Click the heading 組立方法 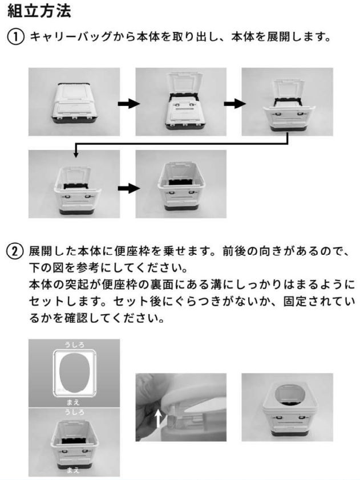(39, 11)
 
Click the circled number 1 (15, 37)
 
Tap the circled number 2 (15, 251)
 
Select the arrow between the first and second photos (129, 104)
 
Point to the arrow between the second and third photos (234, 104)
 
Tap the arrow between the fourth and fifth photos (129, 188)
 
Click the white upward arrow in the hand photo (158, 418)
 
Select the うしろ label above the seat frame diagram (74, 345)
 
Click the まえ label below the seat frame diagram (73, 402)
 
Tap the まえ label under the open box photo (73, 470)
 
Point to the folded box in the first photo (74, 103)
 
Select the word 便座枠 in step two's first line (132, 251)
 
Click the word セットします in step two (65, 302)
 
